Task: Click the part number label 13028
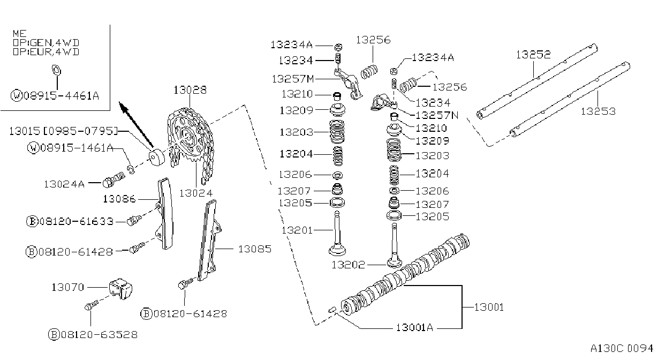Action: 190,90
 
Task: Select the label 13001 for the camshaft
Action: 489,307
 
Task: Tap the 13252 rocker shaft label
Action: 533,54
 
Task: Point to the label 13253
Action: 598,111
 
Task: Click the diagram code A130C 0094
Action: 622,348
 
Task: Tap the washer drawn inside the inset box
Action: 56,70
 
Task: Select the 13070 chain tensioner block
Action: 120,288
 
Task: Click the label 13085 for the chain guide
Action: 255,249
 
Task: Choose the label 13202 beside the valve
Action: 348,265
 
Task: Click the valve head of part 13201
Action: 337,251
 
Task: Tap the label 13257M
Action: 293,79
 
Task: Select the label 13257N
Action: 437,115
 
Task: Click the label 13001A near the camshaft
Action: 414,327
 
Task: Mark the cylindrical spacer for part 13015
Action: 156,158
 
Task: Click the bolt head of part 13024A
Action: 108,183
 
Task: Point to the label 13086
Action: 119,199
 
